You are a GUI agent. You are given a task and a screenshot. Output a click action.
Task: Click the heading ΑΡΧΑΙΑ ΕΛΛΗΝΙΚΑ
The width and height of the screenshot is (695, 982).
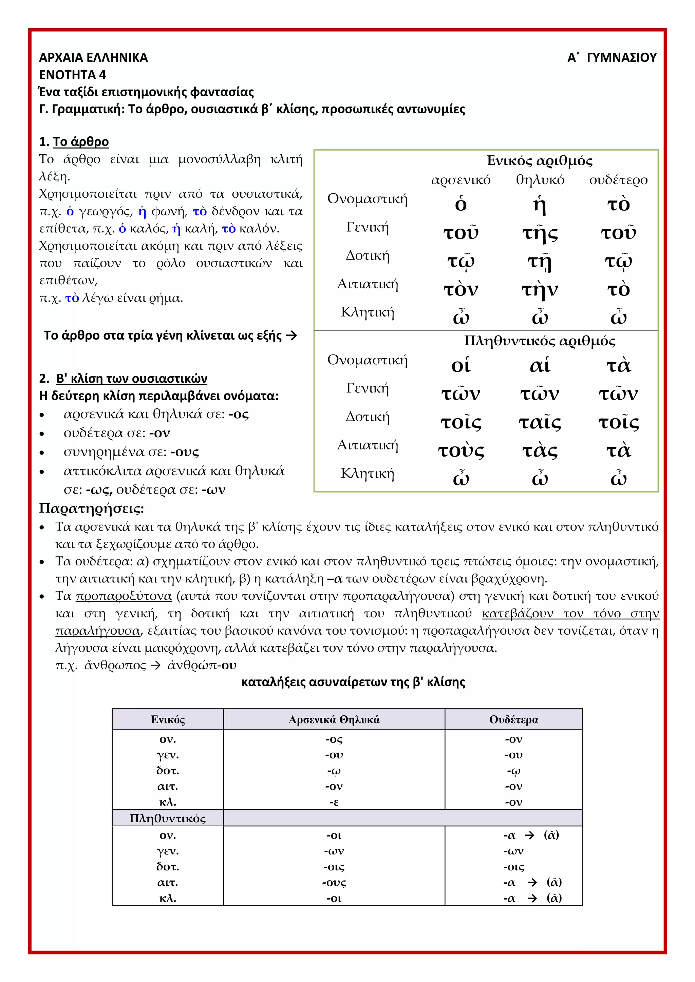(x=93, y=57)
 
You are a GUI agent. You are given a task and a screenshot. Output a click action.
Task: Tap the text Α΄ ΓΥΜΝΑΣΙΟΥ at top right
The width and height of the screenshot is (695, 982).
(x=612, y=57)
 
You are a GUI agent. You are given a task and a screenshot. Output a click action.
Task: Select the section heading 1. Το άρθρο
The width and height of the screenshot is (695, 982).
(x=74, y=141)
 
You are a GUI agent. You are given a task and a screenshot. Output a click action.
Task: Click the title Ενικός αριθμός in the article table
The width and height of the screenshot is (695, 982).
(x=540, y=161)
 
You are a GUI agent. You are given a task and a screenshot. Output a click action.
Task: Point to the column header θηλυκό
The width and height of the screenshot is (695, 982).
(x=540, y=180)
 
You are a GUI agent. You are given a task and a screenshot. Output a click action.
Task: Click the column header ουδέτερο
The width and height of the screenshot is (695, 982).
(x=618, y=180)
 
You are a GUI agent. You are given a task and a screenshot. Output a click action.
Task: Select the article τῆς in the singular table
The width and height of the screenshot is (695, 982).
(x=540, y=233)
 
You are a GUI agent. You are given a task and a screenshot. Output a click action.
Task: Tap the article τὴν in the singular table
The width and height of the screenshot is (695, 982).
(x=540, y=290)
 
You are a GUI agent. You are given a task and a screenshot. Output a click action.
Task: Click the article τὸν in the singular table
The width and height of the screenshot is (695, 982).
(x=461, y=290)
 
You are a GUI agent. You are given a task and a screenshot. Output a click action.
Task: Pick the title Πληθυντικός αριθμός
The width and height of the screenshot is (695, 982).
(x=540, y=341)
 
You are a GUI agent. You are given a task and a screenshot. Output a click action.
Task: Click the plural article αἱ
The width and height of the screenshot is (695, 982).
(x=540, y=365)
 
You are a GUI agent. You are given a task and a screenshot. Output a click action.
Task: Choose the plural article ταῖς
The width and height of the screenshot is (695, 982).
(x=540, y=423)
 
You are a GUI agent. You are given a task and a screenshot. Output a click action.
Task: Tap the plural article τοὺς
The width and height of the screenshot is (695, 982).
(x=461, y=451)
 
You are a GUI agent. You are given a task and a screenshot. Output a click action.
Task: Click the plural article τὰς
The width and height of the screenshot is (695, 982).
(x=540, y=451)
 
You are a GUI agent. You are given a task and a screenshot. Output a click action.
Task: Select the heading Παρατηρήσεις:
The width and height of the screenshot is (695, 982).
(x=92, y=508)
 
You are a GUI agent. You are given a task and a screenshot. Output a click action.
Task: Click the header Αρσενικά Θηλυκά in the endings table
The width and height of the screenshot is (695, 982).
(x=334, y=720)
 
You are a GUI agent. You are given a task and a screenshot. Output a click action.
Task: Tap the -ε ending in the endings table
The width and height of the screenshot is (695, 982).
(x=334, y=802)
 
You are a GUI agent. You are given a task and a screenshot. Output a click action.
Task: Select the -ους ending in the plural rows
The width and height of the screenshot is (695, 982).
(x=334, y=882)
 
